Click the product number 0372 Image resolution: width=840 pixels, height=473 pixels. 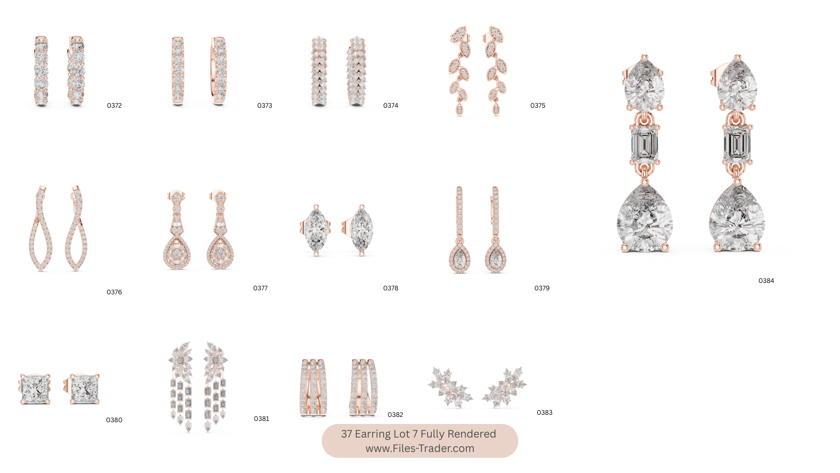(x=114, y=106)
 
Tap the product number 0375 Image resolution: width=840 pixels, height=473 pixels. (x=538, y=106)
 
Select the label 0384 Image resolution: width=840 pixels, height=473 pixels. (x=766, y=281)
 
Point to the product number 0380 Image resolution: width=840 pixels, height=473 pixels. (x=114, y=420)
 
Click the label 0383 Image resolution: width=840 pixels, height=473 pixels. (x=544, y=413)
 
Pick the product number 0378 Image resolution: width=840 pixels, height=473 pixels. (x=391, y=288)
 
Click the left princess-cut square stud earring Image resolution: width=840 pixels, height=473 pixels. (x=35, y=389)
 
